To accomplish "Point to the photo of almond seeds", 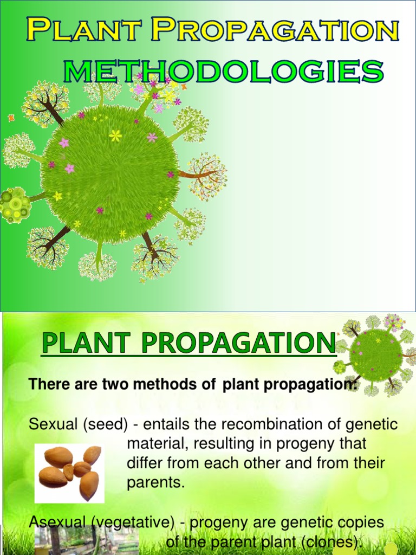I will click(x=69, y=473).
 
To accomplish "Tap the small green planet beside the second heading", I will click(x=376, y=355).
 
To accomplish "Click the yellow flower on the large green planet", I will click(x=115, y=135).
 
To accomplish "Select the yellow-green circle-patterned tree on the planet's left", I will click(x=15, y=205).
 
